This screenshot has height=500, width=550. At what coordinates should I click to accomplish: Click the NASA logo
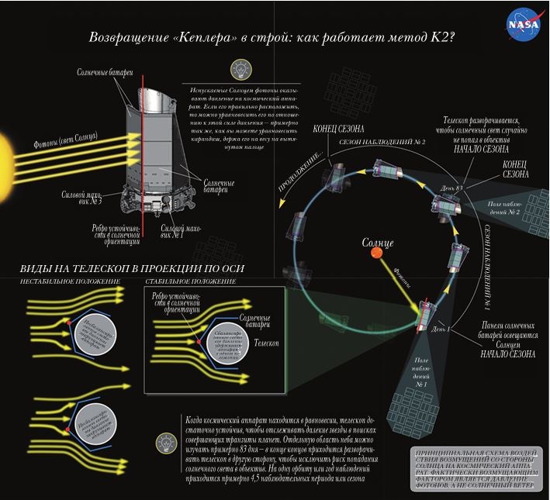click(x=522, y=24)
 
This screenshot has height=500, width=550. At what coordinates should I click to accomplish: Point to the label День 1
click(x=442, y=331)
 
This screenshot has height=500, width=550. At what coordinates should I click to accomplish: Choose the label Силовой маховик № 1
click(x=178, y=231)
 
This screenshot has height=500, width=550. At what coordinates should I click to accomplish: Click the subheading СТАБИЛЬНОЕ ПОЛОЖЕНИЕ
click(x=189, y=281)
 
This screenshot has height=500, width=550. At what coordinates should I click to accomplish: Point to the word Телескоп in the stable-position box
click(x=265, y=342)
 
